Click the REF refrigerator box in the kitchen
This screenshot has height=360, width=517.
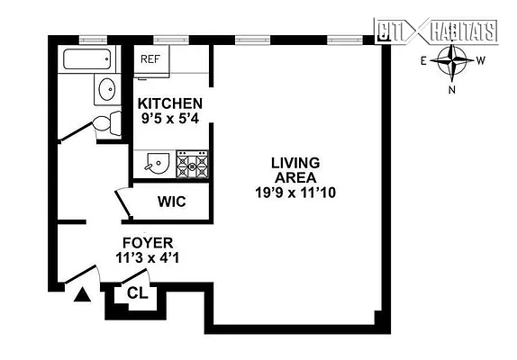pos(151,59)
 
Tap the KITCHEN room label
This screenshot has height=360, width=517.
pos(169,103)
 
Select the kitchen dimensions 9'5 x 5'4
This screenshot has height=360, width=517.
pos(169,118)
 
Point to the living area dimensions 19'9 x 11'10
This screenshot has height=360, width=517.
pos(295,192)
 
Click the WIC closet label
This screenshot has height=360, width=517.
pos(171,202)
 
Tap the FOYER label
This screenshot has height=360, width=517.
pos(149,243)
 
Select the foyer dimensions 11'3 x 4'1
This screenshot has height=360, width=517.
pos(149,258)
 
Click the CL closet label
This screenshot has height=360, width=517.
pos(137,292)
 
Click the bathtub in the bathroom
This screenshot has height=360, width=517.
pos(87,60)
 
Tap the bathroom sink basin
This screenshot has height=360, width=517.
pos(107,90)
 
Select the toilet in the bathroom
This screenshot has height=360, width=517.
pos(108,125)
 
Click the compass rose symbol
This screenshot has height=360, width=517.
pos(454,63)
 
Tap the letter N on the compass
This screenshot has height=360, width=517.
pos(454,90)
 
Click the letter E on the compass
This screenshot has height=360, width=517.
pos(424,61)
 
